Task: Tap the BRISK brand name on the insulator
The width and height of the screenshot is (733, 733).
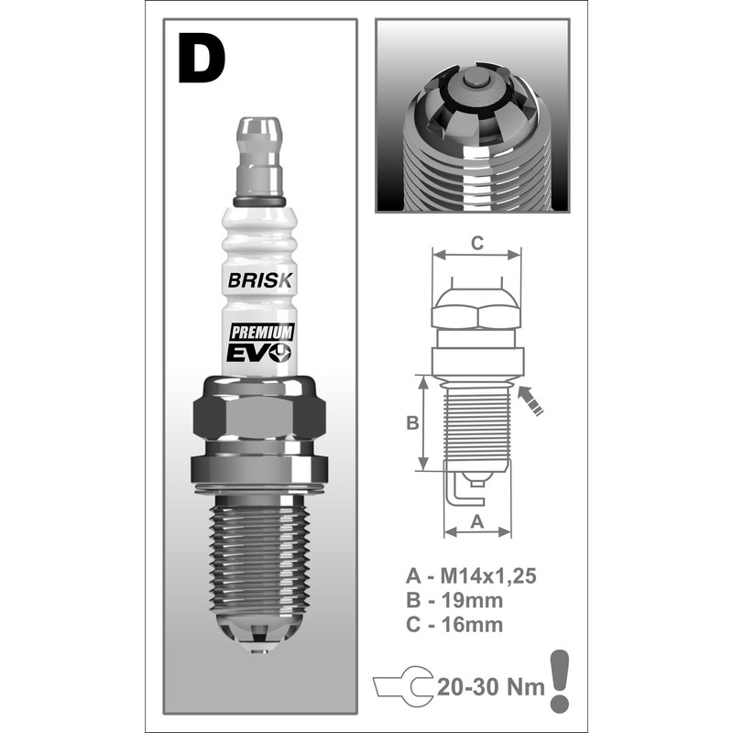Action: [x=257, y=281]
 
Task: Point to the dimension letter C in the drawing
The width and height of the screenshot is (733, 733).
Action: [x=476, y=243]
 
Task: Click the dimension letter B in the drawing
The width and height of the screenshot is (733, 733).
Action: [x=412, y=423]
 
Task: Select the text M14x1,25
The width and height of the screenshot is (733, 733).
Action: [x=485, y=576]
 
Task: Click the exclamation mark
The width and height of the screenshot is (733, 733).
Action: [x=558, y=680]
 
